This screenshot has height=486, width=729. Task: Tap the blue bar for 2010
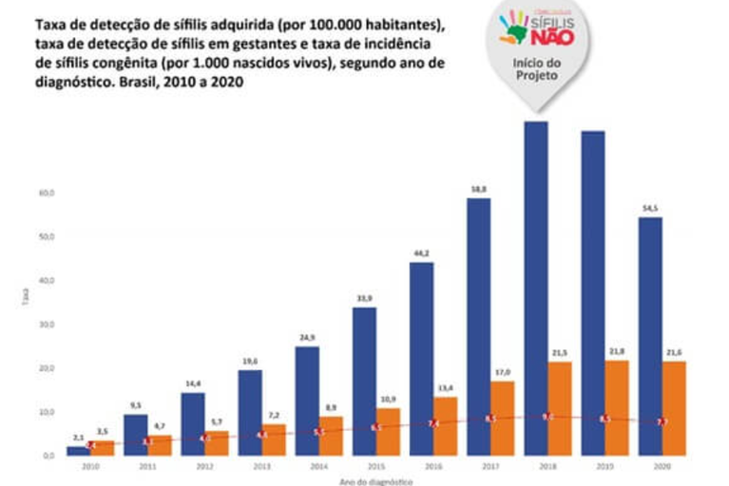click(78, 450)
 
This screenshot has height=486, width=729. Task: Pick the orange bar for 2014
click(331, 435)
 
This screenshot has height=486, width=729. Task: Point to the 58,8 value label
click(479, 190)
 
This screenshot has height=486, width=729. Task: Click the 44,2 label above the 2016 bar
click(421, 253)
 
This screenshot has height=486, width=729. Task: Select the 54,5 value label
click(650, 209)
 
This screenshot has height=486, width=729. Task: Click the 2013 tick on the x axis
click(262, 467)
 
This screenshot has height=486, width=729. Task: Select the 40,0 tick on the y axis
click(47, 280)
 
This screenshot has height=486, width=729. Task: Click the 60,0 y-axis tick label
click(47, 193)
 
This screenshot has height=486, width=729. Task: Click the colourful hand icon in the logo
click(514, 26)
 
